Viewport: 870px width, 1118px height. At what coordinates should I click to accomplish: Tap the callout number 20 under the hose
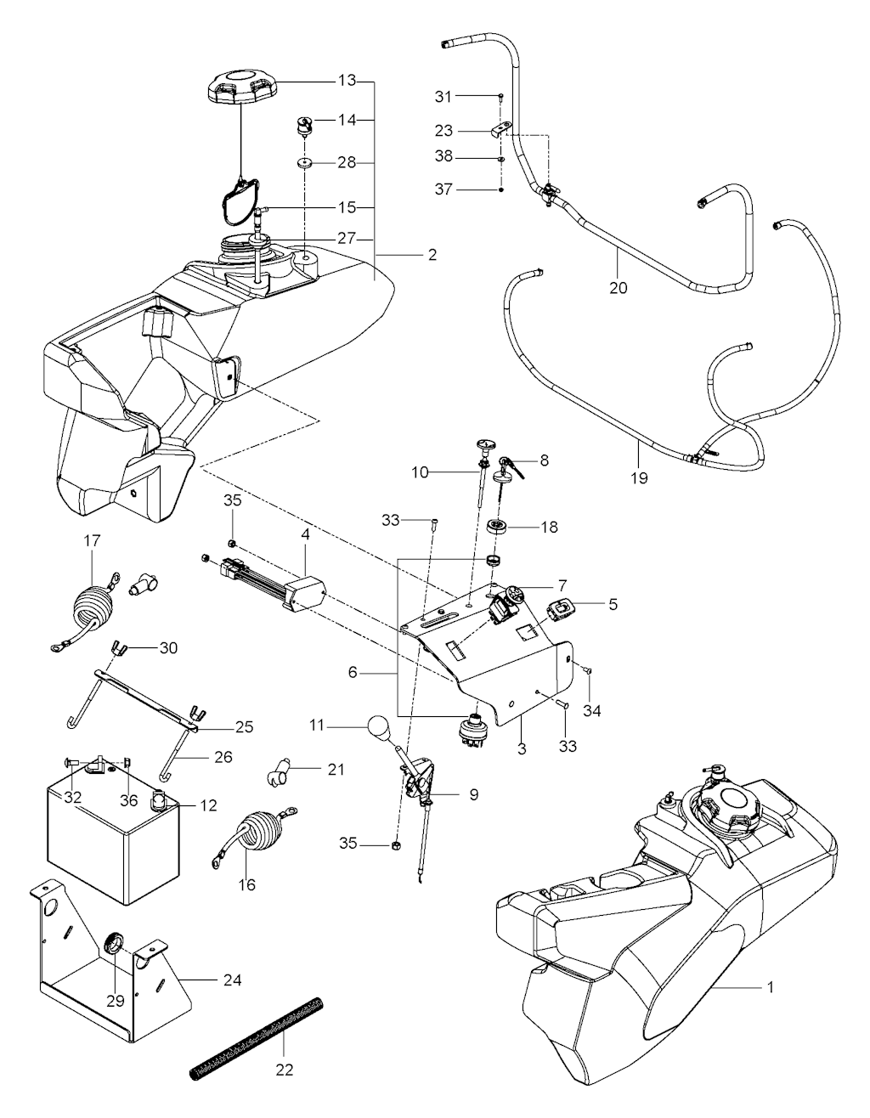click(619, 288)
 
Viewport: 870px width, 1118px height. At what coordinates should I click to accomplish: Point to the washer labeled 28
click(305, 163)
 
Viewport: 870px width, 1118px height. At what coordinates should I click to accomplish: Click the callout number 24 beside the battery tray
click(233, 980)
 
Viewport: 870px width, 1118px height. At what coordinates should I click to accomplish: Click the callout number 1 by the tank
click(771, 987)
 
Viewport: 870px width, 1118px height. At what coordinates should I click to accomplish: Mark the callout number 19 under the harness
click(639, 478)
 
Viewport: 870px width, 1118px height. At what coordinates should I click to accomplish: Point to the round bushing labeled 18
click(497, 527)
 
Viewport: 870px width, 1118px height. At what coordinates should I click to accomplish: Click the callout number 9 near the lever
click(473, 794)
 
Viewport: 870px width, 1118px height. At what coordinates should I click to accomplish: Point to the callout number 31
click(443, 96)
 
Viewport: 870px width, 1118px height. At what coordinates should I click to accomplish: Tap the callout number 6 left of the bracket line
click(353, 672)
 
